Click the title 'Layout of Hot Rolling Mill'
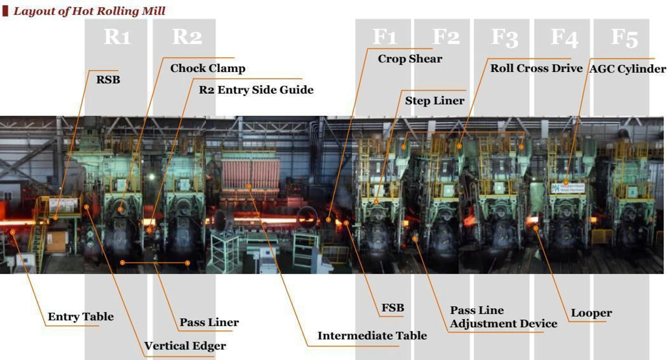tap(89, 11)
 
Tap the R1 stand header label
tap(117, 37)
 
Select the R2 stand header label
tap(187, 37)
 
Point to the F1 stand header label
tap(385, 37)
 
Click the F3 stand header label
tap(505, 38)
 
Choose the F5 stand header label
tap(625, 38)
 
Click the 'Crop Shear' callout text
tap(410, 59)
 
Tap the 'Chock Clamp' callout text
tap(208, 68)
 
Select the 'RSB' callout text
tap(108, 80)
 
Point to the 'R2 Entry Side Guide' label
tap(256, 90)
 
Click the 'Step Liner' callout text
tap(435, 101)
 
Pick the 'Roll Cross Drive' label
tap(536, 68)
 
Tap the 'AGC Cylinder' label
tap(628, 69)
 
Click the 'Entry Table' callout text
tap(81, 317)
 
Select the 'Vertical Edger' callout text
tap(185, 346)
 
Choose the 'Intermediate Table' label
tap(372, 335)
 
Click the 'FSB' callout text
tap(393, 307)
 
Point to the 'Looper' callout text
tap(591, 313)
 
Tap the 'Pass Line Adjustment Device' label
tap(504, 317)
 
